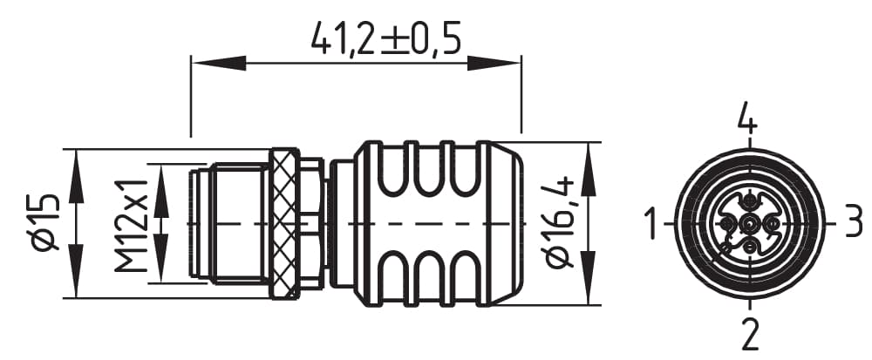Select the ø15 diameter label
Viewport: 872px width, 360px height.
pos(44,224)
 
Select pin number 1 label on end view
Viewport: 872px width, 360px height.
pos(651,224)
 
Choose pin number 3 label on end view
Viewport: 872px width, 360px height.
pos(853,224)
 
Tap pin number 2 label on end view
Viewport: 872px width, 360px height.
pos(750,333)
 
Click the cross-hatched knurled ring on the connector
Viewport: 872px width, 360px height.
pos(282,224)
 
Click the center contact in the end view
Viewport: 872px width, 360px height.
pos(749,226)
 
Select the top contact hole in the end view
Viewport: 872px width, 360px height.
pos(749,202)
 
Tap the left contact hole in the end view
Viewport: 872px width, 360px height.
pos(726,225)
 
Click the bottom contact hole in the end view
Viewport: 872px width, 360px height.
pos(749,249)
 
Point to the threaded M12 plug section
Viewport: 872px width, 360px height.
pos(231,224)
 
